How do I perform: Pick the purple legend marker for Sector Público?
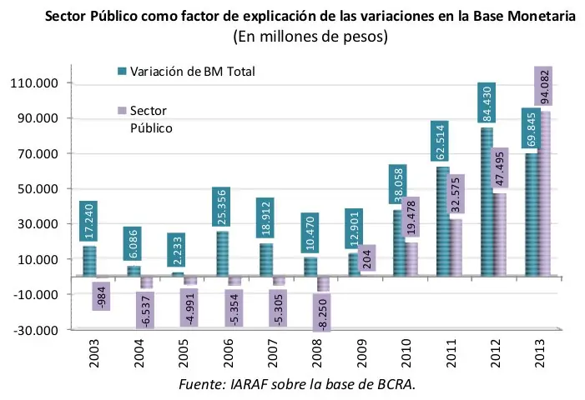122,111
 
